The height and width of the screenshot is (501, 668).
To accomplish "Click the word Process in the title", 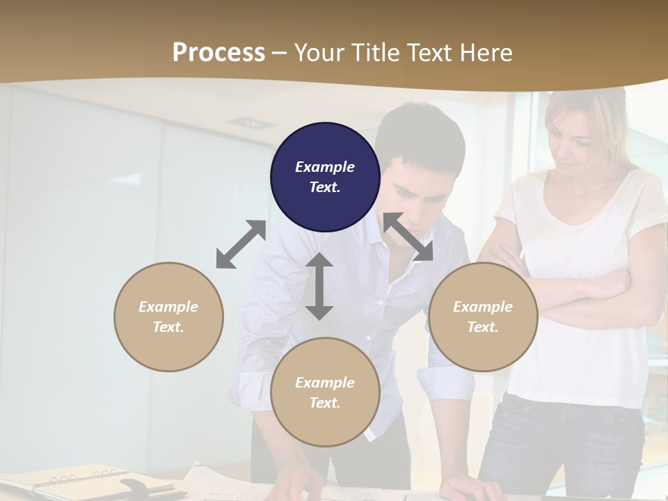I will point(218,53).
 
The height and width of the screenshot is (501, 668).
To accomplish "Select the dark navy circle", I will point(325,177).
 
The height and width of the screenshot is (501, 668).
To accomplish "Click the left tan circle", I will point(168,317).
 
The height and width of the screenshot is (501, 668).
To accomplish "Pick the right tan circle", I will point(483,317).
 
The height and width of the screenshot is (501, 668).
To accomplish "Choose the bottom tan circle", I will point(325,392).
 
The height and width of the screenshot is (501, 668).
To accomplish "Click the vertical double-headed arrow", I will point(319,286).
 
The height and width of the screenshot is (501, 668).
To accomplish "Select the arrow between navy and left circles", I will point(241,244).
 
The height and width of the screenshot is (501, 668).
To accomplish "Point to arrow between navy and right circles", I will point(408,237).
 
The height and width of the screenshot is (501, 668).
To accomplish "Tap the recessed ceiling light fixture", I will point(250,122).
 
